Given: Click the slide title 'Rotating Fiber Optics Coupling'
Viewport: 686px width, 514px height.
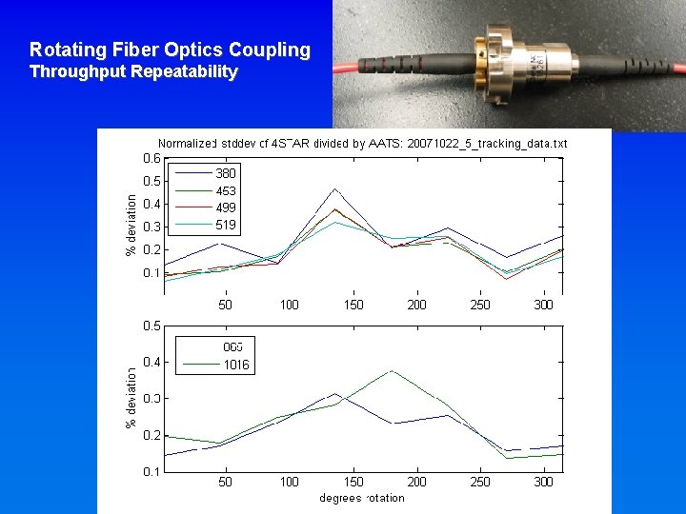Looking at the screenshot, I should click(170, 49).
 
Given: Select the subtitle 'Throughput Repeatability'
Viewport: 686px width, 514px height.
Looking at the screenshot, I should click(133, 71).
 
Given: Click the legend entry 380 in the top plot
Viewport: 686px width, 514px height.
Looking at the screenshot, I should click(226, 173).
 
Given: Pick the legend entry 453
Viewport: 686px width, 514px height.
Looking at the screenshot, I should click(226, 190).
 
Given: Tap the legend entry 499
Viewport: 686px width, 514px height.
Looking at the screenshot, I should click(226, 208).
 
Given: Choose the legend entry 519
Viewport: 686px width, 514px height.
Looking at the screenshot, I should click(226, 225).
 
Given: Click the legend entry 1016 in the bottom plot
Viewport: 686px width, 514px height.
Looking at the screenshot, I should click(236, 364).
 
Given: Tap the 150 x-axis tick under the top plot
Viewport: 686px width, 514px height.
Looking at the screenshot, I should click(353, 305).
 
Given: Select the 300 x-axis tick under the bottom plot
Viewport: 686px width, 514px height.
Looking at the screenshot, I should click(543, 482).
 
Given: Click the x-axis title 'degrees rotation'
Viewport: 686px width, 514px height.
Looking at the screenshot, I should click(362, 498).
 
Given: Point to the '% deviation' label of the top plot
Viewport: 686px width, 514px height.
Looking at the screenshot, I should click(131, 225).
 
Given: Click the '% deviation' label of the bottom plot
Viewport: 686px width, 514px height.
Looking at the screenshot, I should click(131, 397).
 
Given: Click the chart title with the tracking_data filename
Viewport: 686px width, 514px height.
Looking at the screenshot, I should click(362, 144).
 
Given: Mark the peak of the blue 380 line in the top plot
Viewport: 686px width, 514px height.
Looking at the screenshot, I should click(334, 188).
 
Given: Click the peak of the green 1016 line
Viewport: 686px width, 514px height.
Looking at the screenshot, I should click(392, 370).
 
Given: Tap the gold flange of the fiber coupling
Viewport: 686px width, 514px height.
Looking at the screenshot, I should click(494, 58).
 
